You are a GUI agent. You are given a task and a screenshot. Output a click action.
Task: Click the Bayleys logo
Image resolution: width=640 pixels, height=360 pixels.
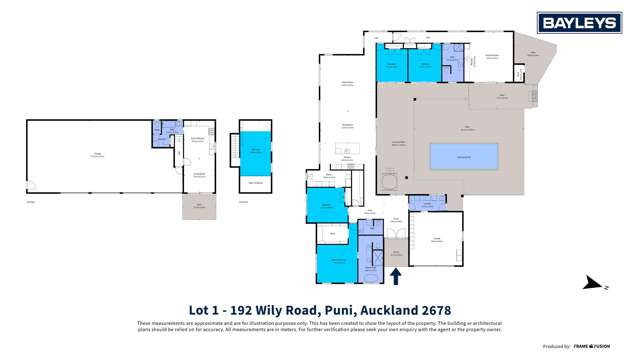coord(579,23)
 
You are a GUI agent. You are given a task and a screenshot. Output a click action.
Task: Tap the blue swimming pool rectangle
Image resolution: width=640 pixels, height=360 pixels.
coord(464,156)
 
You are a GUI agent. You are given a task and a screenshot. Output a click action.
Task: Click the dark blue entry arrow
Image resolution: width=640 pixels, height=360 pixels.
coord(395,276)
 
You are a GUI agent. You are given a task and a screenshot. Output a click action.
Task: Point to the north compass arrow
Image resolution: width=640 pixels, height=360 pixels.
coord(604,286)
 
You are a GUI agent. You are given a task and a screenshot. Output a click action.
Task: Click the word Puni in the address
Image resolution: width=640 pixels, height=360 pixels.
coord(335,310)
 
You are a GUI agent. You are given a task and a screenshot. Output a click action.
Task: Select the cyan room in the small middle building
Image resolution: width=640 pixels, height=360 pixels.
coord(255,149)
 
